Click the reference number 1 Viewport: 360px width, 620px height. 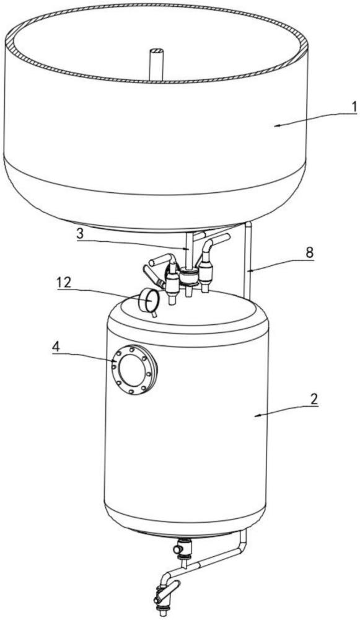(354, 106)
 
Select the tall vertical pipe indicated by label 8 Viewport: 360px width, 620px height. (248, 261)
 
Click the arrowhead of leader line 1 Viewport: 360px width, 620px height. (276, 125)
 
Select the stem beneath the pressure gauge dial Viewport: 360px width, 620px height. (154, 314)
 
